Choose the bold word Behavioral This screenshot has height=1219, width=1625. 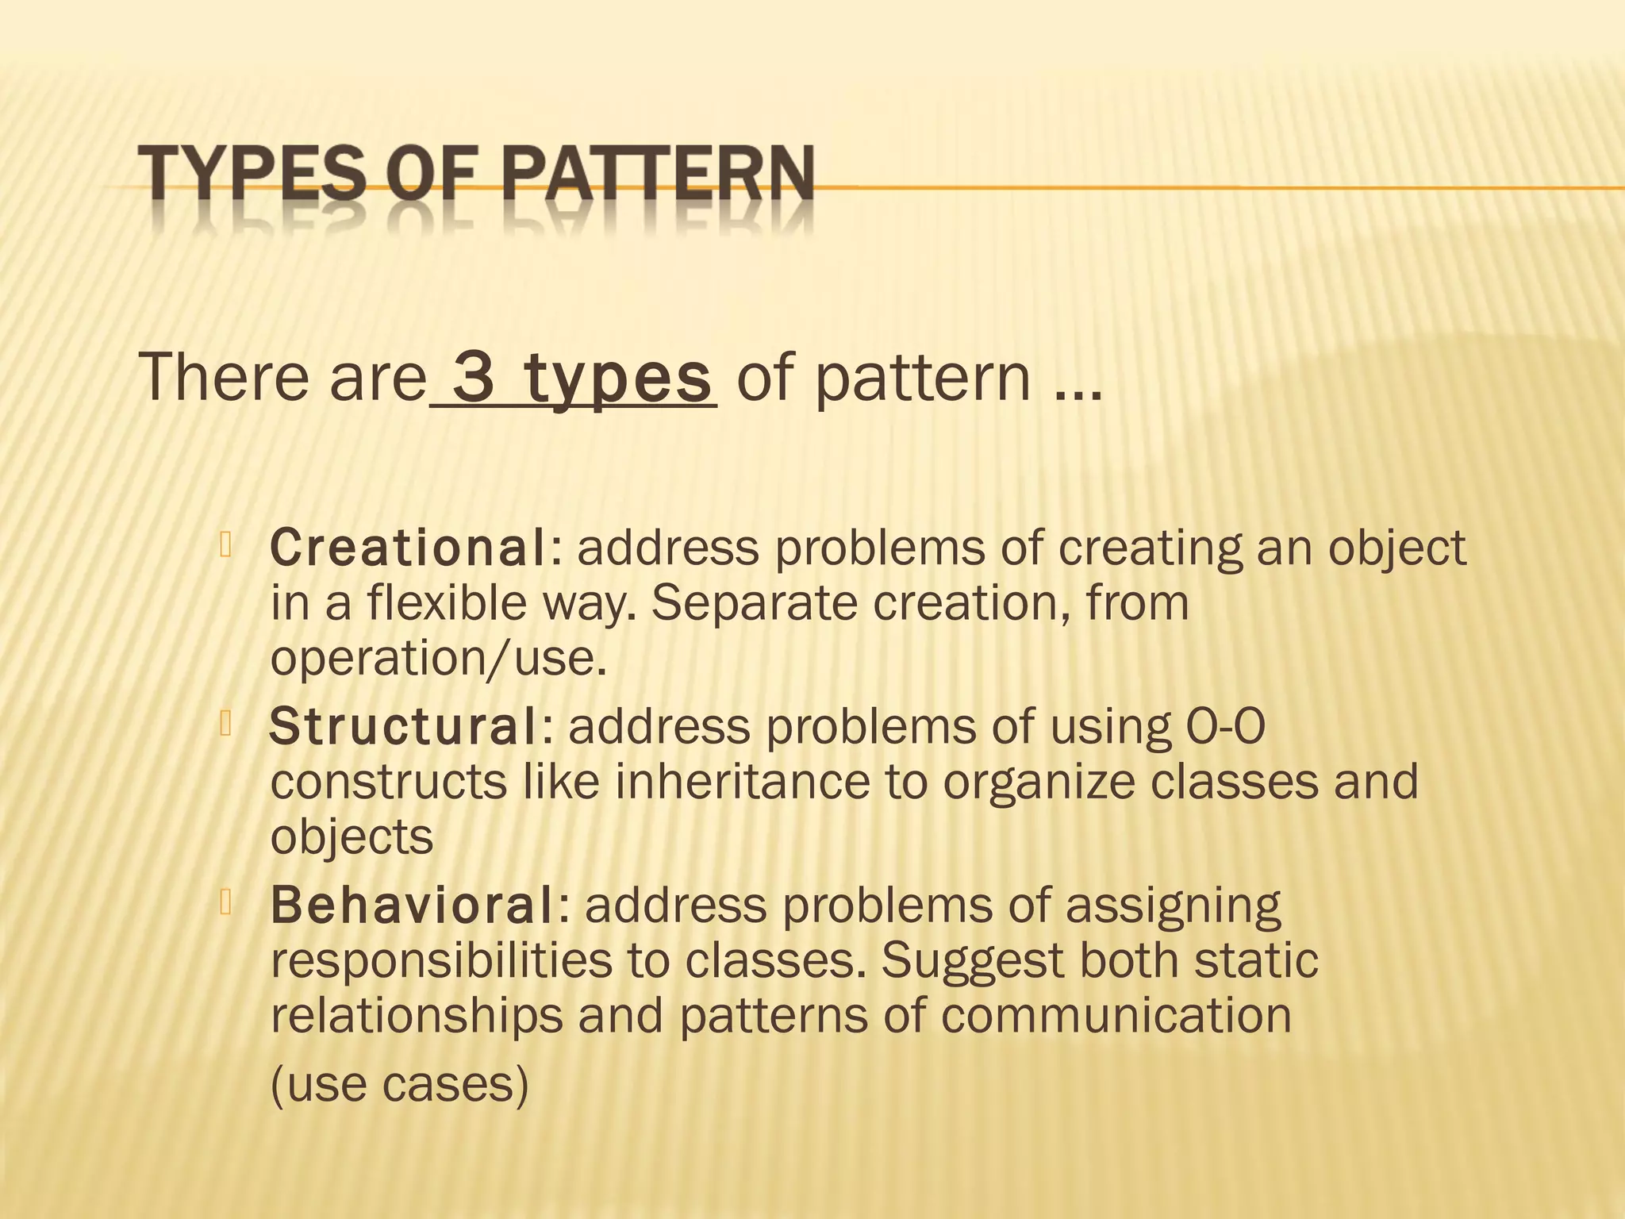point(413,905)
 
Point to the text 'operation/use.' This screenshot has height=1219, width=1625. point(438,659)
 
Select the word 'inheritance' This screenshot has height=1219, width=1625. point(742,781)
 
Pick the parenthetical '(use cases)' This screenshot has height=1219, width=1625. point(399,1084)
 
